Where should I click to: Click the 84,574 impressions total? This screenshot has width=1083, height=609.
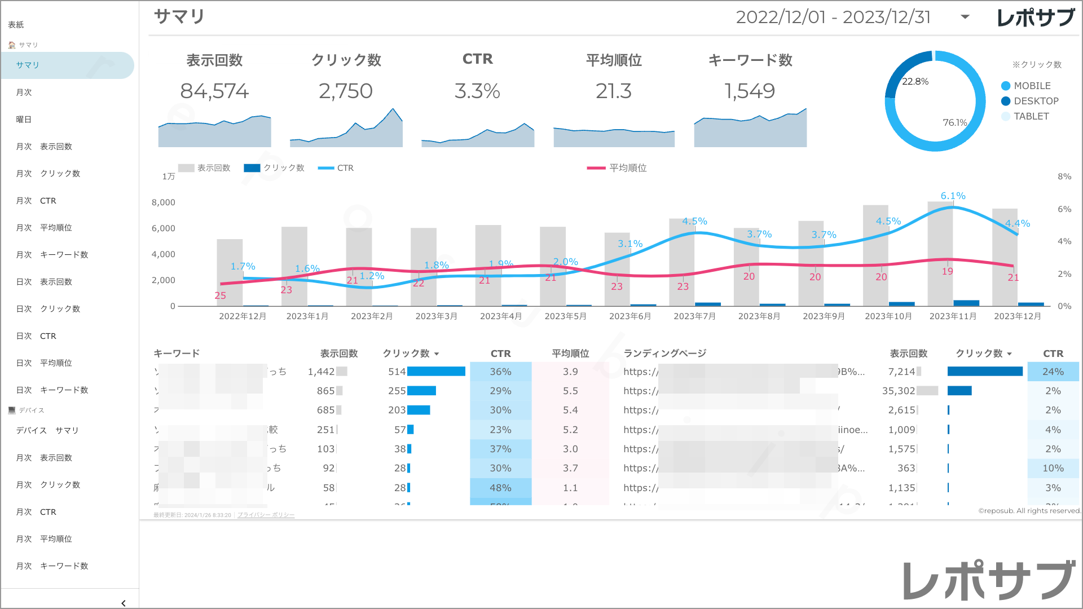214,91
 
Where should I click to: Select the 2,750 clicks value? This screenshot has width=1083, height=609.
346,91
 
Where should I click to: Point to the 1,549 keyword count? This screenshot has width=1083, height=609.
750,91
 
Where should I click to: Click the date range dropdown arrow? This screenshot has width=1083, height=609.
965,17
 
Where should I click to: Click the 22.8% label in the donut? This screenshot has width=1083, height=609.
915,82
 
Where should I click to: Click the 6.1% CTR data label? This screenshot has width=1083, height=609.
953,196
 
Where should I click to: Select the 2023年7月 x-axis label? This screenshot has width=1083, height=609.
694,316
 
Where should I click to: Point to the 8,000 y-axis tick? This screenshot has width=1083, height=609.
163,202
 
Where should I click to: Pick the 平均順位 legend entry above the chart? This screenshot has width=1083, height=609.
627,168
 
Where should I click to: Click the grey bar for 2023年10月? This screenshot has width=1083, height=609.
875,254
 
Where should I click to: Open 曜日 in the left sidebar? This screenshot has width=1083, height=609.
24,120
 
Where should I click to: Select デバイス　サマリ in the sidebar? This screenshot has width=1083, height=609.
47,430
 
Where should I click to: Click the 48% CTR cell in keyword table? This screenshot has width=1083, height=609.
500,488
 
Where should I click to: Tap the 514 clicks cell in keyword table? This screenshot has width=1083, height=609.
397,372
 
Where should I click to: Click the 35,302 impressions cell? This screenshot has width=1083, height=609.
898,391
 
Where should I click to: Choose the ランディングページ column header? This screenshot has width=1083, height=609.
664,354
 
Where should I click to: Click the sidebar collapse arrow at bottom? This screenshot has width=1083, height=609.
124,603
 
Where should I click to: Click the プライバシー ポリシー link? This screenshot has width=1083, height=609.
266,515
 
